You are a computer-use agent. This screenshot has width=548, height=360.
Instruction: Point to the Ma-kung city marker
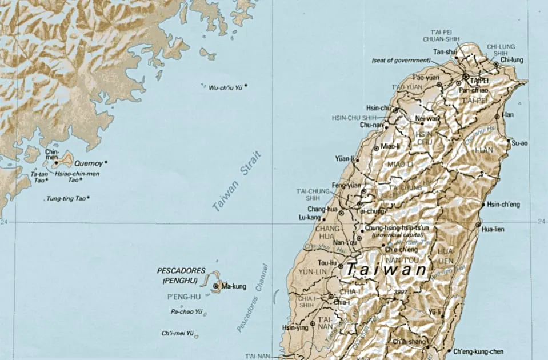(x=216, y=286)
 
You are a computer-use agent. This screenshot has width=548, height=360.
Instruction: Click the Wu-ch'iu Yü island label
(x=225, y=87)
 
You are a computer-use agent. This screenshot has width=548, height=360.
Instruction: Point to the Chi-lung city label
(x=511, y=59)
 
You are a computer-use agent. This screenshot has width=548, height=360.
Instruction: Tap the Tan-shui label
(x=446, y=52)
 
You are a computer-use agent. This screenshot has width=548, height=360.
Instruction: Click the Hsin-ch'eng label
(x=503, y=204)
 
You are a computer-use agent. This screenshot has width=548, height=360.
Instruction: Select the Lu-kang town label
(x=310, y=218)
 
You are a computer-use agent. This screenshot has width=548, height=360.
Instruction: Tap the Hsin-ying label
(x=295, y=328)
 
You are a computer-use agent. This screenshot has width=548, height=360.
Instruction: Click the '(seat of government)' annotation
(x=401, y=60)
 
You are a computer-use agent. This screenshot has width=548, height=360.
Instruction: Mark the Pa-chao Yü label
(x=187, y=312)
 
